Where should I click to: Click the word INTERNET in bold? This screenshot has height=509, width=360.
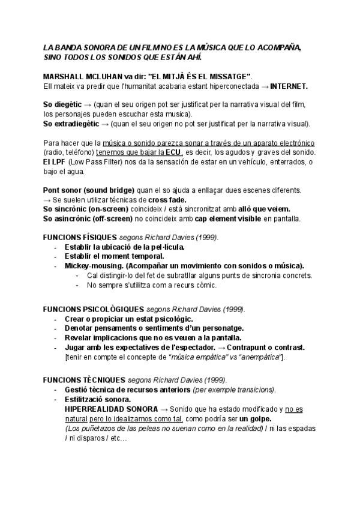coord(289,86)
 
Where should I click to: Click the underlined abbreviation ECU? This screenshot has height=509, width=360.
coord(173,152)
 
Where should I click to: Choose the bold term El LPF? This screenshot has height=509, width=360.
coord(55,162)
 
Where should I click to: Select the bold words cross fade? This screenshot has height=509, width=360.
coord(167,199)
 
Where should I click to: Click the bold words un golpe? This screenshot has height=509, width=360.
coord(255,418)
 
